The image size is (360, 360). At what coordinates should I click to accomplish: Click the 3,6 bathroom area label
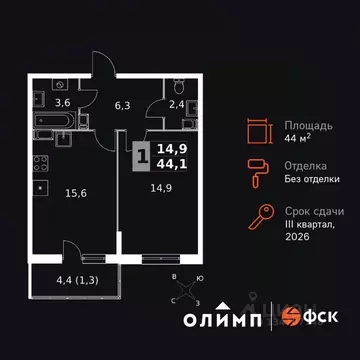tap(62, 102)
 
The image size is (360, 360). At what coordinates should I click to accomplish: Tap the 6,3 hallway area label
tap(124, 102)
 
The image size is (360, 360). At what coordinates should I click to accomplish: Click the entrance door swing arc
tap(101, 68)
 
